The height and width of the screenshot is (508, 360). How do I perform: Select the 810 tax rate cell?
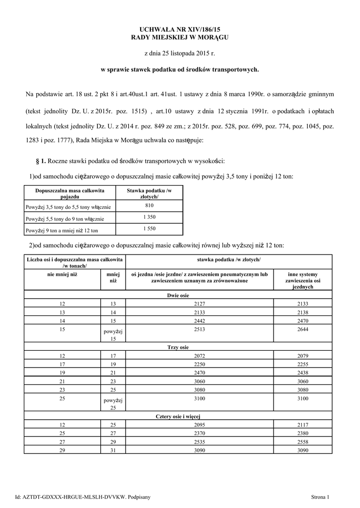tap(149, 205)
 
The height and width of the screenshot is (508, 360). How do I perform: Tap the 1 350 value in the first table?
tap(149, 217)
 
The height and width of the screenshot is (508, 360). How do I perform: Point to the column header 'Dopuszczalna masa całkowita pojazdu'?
tap(70, 193)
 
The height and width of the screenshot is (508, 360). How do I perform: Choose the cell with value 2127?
tap(199, 304)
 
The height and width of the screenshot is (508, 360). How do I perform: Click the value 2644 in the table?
tap(302, 329)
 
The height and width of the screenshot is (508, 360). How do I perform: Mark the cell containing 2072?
tap(199, 356)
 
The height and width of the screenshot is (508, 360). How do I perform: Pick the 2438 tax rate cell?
tap(302, 372)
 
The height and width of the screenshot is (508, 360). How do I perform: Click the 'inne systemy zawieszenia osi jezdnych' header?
tap(302, 280)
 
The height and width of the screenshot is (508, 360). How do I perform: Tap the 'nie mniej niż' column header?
tap(63, 274)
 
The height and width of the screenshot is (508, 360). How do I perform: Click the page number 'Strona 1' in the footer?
tap(320, 496)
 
